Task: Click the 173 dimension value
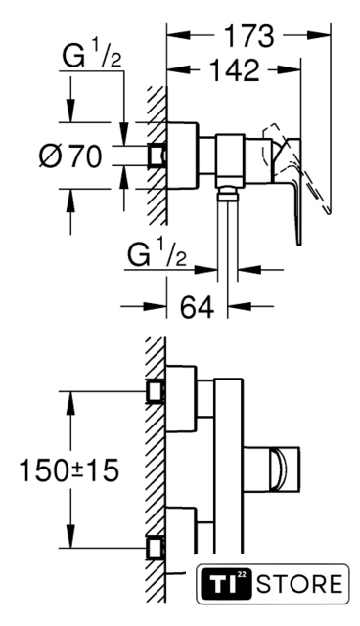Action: point(249,36)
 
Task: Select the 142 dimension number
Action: point(235,70)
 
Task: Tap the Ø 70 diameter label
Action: point(70,156)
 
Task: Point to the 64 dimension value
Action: point(198,307)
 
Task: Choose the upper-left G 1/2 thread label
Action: point(92,55)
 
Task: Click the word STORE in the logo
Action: point(299,584)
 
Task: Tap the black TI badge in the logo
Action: point(226,584)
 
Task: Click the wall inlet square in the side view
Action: point(157,155)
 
